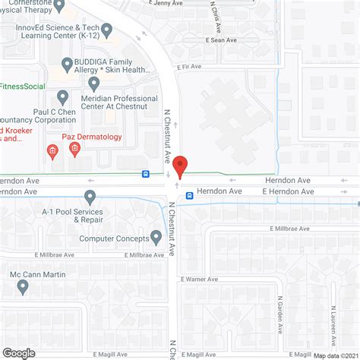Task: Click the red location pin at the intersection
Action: point(180,165)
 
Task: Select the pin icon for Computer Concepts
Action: point(156,237)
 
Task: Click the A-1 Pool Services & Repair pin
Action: point(90,197)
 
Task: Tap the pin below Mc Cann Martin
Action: point(23,287)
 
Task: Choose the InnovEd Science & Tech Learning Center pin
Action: point(106,30)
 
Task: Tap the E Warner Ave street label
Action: point(200,279)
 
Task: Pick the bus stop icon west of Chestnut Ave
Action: point(144,174)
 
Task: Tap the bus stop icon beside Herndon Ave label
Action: point(189,194)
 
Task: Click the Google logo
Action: point(19,352)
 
